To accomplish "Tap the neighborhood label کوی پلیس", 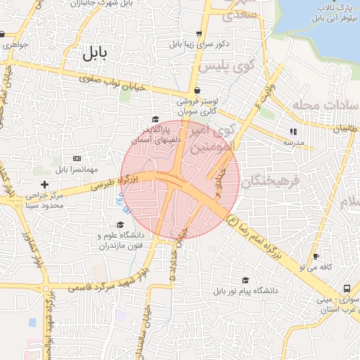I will coord(226,66).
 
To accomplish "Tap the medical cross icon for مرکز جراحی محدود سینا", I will coord(44,184).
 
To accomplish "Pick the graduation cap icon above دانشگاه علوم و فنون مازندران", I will coord(120,224).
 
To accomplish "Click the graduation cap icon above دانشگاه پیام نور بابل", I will coord(245,280).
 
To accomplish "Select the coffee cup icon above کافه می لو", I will coord(316,257).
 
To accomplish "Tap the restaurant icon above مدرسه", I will coord(293,131).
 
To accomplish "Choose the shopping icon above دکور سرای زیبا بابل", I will coord(200,33).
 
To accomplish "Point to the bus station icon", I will coord(347,289).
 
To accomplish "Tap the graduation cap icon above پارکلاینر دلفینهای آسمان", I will coord(155,120).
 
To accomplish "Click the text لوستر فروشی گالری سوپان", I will coord(199,106).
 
